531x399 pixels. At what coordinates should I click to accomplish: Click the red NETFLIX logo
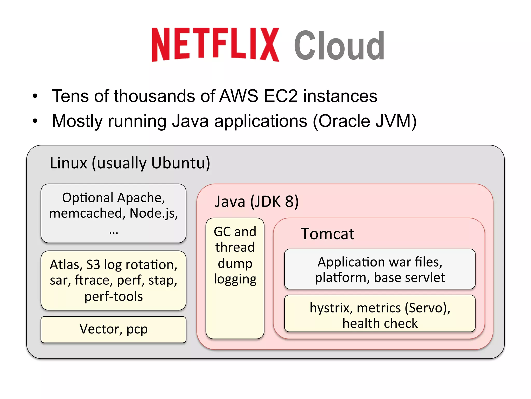coord(215,45)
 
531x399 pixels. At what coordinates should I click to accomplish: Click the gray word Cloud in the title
coord(339,46)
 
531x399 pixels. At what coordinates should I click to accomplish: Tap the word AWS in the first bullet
coord(239,96)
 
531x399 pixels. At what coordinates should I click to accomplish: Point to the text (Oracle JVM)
coord(365,121)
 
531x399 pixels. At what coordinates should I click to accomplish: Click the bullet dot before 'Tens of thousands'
coord(35,96)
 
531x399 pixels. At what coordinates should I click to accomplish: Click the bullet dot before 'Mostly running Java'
coord(35,121)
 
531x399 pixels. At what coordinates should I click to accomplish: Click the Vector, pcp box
coord(113,329)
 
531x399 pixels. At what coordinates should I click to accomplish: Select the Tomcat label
coord(327,234)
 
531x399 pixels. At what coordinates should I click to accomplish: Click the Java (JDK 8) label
coord(257,202)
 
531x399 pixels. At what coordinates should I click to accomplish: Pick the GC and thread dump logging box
coord(235,278)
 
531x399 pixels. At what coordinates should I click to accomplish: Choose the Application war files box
coord(380,269)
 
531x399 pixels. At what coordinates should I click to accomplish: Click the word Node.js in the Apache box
coord(153,214)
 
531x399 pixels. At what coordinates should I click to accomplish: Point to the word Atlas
coord(65,265)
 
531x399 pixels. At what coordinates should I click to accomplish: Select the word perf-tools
coord(114,296)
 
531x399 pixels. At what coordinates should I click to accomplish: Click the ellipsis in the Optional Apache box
coord(114,232)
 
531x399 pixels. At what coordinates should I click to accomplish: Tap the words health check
coord(380,324)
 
